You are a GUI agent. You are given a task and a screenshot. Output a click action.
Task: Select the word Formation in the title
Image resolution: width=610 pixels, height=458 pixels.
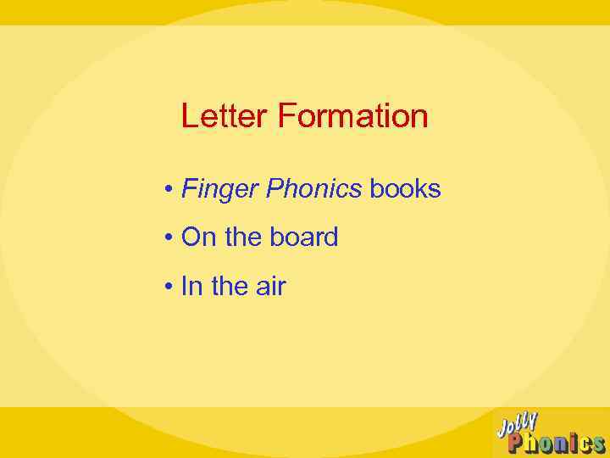[x=352, y=116]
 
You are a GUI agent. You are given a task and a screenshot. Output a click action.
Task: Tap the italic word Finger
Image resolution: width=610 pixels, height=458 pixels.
[x=219, y=189]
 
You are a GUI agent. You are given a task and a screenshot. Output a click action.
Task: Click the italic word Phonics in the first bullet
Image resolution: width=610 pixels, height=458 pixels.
[x=313, y=188]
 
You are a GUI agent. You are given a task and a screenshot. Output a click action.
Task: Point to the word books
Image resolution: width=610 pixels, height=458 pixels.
[x=405, y=188]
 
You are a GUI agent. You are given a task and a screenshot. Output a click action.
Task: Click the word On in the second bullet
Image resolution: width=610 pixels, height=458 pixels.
[x=199, y=237]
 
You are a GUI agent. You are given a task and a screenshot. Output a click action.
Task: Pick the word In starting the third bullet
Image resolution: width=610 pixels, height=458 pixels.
[x=192, y=287]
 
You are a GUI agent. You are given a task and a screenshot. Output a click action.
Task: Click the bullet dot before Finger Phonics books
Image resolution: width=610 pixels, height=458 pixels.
[x=170, y=189]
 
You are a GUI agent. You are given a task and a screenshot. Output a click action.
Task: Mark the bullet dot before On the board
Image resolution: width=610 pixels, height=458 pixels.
[x=170, y=238]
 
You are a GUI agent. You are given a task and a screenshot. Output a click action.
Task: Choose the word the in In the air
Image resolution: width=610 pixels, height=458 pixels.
[x=229, y=287]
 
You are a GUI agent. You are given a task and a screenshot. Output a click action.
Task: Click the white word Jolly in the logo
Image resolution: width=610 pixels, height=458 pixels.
[x=518, y=424]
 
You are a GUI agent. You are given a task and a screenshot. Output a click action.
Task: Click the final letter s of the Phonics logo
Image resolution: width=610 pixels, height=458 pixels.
[x=597, y=445]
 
